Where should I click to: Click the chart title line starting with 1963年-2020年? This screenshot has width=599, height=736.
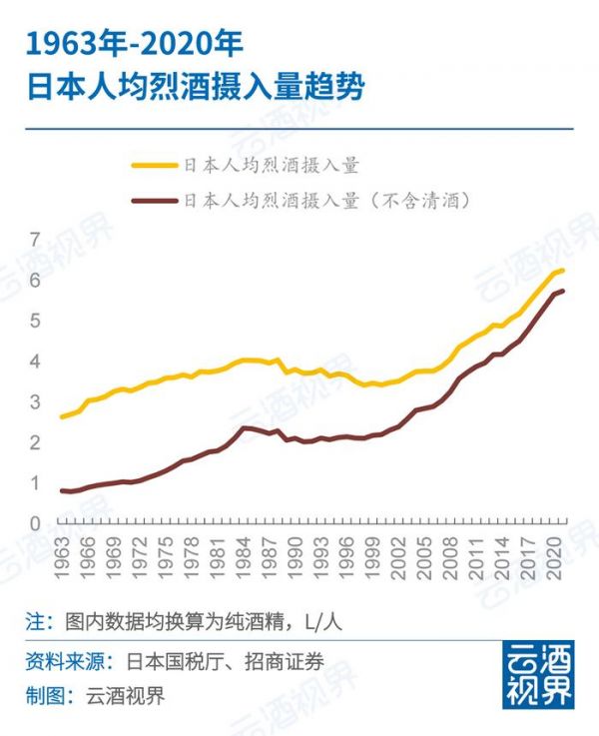coord(134,45)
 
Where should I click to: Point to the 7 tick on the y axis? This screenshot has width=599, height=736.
coord(35,240)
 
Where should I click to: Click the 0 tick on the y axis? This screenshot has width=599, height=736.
coord(35,523)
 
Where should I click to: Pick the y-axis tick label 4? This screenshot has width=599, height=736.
coord(35,362)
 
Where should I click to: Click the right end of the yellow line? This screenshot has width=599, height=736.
coord(563,271)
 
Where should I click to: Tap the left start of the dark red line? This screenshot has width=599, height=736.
coord(62,490)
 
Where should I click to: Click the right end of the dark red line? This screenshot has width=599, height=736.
coord(563,291)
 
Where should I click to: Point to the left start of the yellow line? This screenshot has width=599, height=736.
coord(62,416)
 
